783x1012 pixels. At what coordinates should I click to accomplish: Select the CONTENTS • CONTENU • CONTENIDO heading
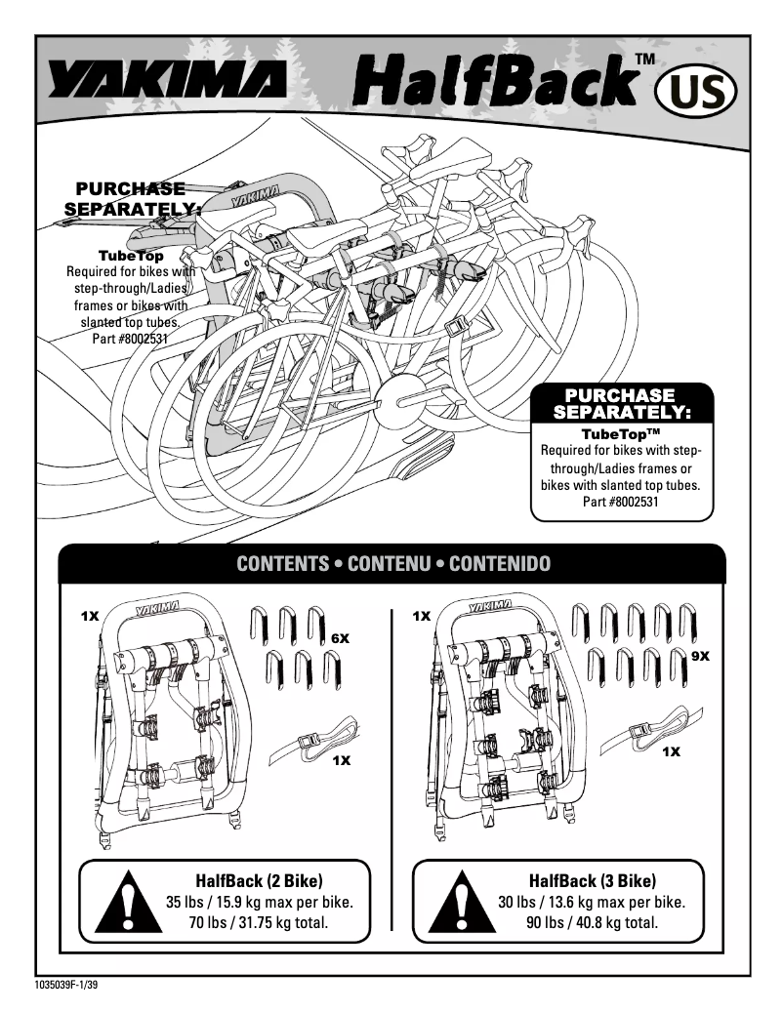point(393,564)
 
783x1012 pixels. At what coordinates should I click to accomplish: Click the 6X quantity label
point(340,638)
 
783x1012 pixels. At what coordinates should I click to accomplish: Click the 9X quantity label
point(699,657)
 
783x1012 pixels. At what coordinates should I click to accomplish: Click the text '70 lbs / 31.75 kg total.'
point(259,921)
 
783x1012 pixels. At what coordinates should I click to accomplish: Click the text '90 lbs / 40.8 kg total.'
point(592,921)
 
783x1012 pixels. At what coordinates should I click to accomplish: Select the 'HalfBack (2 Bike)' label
point(259,880)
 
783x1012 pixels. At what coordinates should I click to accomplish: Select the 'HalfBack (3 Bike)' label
point(592,880)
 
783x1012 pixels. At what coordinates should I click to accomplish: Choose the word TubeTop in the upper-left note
point(130,256)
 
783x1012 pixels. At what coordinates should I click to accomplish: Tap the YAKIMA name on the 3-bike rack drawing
point(494,609)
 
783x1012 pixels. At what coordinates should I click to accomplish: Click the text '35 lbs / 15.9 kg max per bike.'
point(259,901)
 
